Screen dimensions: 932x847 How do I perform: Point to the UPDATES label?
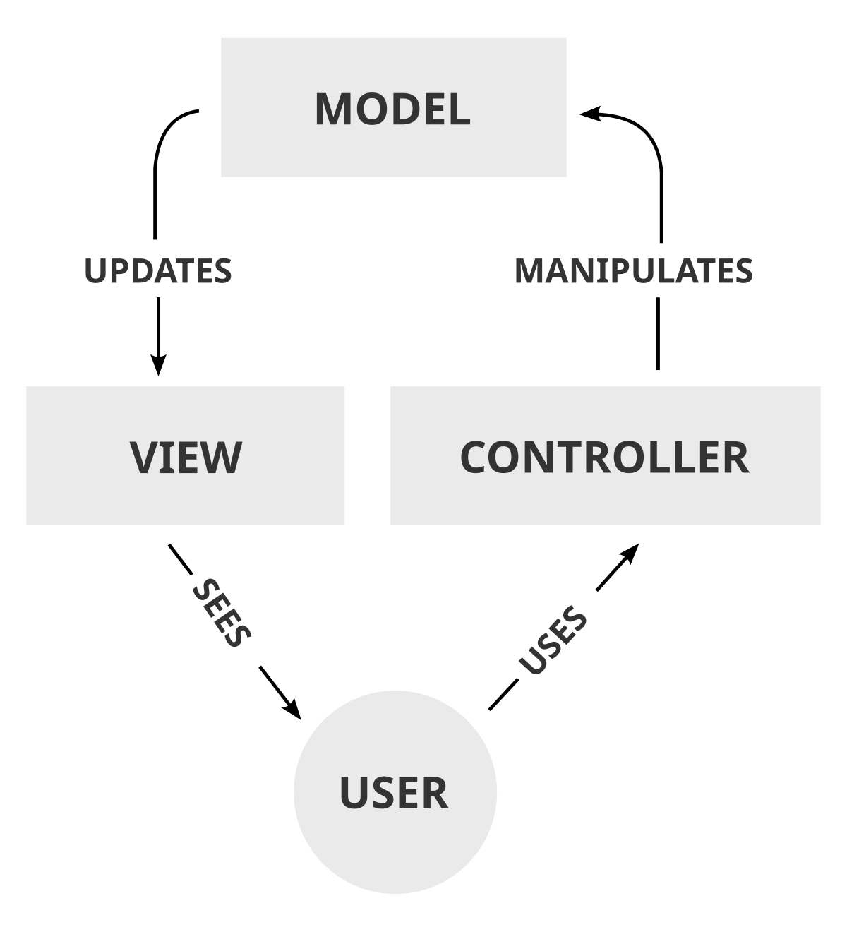click(x=157, y=271)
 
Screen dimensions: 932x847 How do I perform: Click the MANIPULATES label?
click(x=633, y=271)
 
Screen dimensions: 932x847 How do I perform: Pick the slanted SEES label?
click(x=222, y=612)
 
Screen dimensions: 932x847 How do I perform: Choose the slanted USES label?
click(x=553, y=640)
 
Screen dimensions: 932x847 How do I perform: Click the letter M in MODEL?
click(x=334, y=109)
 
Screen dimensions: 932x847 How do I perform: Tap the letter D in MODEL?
click(x=400, y=109)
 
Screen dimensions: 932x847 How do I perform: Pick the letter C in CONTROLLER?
click(x=474, y=457)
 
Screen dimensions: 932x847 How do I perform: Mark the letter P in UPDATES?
click(x=116, y=271)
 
